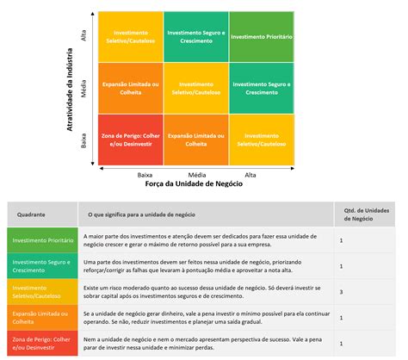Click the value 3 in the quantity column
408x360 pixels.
(x=342, y=292)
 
